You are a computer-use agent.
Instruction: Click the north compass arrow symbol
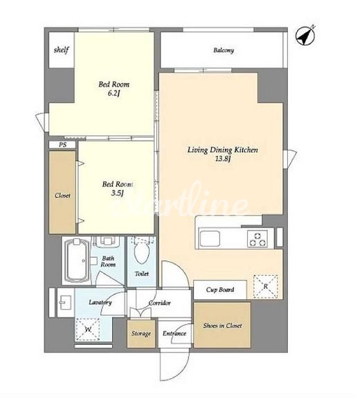pyautogui.click(x=305, y=35)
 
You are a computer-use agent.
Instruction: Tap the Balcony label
pyautogui.click(x=224, y=50)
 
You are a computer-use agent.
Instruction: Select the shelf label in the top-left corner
pyautogui.click(x=62, y=50)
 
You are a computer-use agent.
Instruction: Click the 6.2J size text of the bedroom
pyautogui.click(x=114, y=93)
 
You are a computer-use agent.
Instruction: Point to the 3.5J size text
pyautogui.click(x=117, y=193)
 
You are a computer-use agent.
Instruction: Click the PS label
pyautogui.click(x=62, y=145)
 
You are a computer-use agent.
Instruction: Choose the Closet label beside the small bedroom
pyautogui.click(x=62, y=195)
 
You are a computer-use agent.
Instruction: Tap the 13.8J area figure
pyautogui.click(x=223, y=159)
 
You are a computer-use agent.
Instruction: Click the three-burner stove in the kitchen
pyautogui.click(x=258, y=239)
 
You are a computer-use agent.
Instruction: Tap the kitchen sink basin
pyautogui.click(x=210, y=238)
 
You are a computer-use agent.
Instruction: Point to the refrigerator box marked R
pyautogui.click(x=265, y=287)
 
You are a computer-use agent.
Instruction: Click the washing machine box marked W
pyautogui.click(x=88, y=330)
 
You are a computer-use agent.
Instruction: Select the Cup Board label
pyautogui.click(x=220, y=290)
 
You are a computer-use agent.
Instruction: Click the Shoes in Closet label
pyautogui.click(x=222, y=326)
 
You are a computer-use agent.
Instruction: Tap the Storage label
pyautogui.click(x=141, y=333)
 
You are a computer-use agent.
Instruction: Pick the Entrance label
pyautogui.click(x=174, y=333)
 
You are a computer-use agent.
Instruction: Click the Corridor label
pyautogui.click(x=160, y=303)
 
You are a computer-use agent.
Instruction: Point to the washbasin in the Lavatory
pyautogui.click(x=66, y=303)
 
